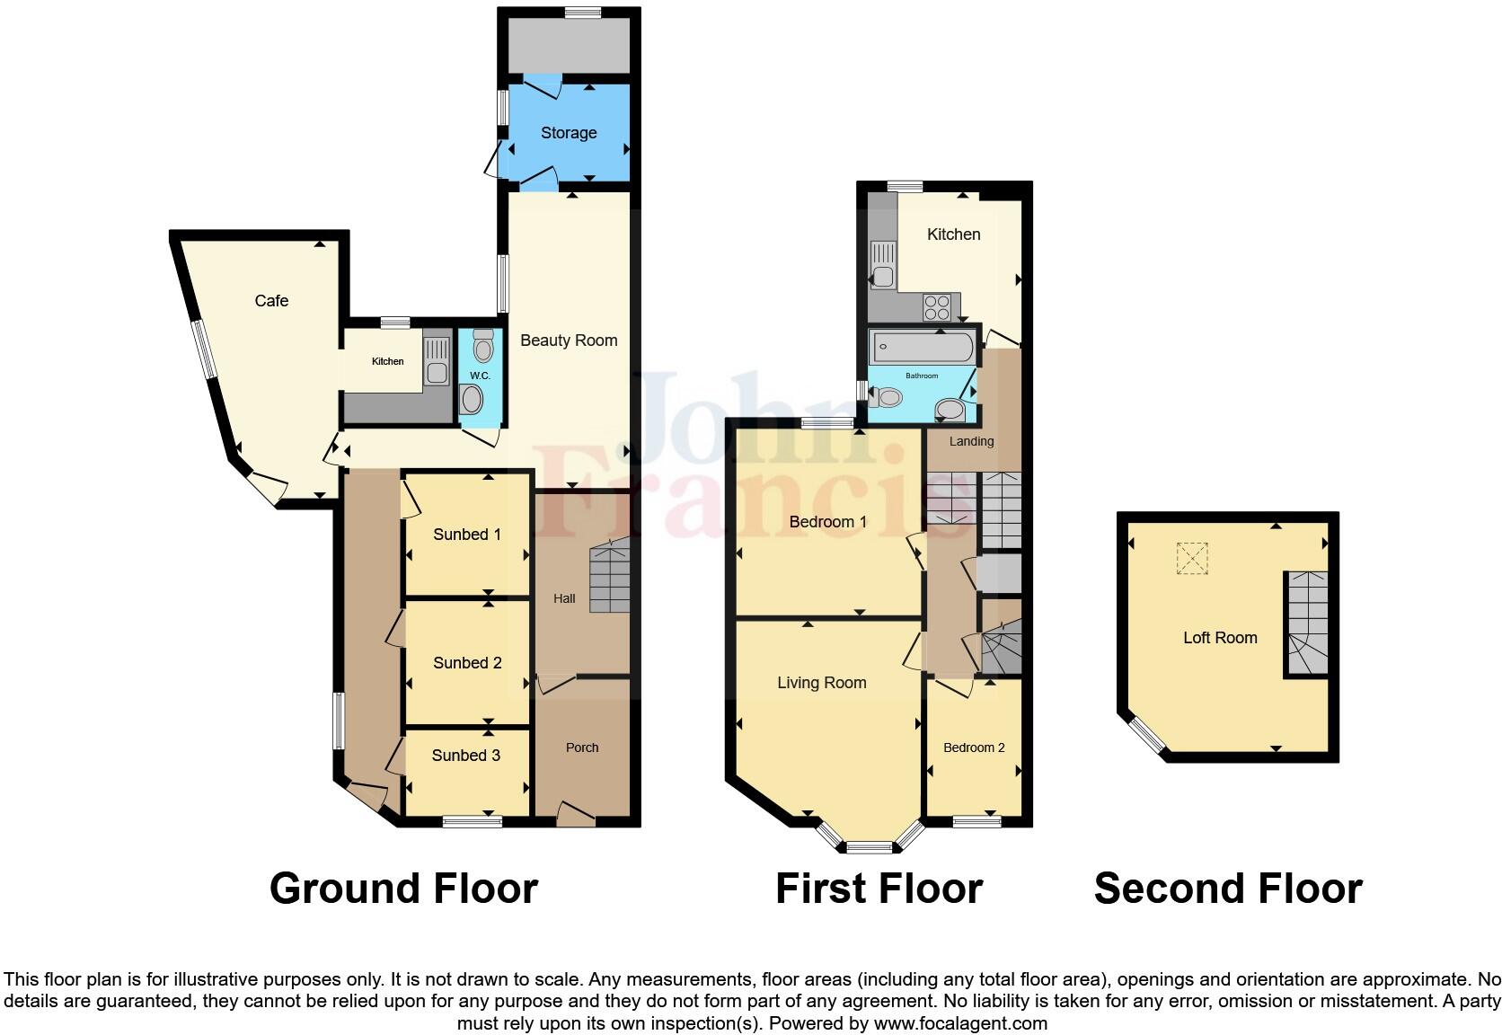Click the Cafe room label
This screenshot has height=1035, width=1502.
click(x=271, y=301)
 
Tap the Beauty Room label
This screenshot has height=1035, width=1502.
click(x=569, y=341)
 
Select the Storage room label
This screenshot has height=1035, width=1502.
click(x=569, y=133)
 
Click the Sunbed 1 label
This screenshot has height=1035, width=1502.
click(x=466, y=535)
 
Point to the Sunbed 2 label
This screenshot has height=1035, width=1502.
click(x=467, y=663)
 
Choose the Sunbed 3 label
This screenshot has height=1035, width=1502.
click(x=465, y=756)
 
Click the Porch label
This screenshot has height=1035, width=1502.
click(x=582, y=747)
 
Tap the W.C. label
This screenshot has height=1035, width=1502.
click(x=480, y=376)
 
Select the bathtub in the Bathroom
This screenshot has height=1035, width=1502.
click(x=922, y=345)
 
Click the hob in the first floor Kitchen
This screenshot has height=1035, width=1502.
click(x=937, y=307)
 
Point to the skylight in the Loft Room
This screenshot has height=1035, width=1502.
click(x=1192, y=558)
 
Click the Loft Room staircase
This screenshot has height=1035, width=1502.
click(x=1306, y=623)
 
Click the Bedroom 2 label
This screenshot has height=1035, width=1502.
click(x=974, y=747)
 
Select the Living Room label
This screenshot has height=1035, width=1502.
click(x=821, y=683)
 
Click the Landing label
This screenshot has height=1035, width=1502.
click(x=971, y=441)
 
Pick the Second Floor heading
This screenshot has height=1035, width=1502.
click(x=1227, y=889)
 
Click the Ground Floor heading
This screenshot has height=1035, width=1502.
click(x=403, y=889)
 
